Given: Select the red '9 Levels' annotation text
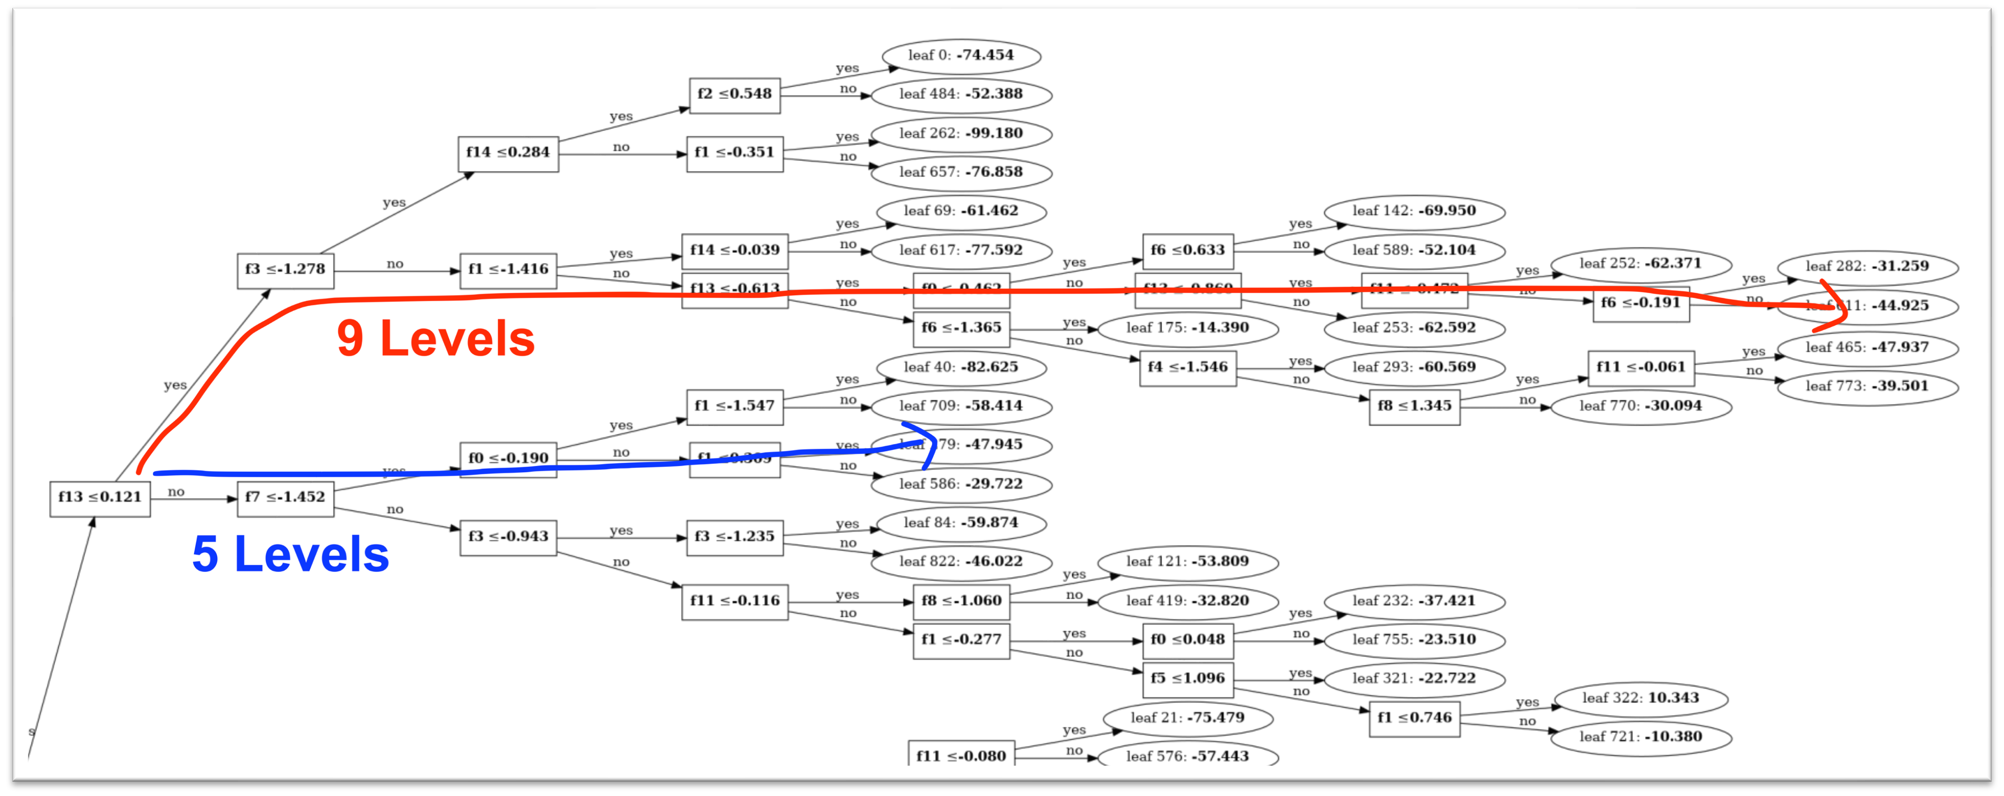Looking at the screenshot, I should pos(436,339).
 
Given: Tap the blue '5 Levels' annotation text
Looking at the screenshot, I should pos(290,554).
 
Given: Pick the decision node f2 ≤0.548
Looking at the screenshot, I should pos(734,95).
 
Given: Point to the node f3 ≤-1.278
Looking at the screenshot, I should pos(285,270).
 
